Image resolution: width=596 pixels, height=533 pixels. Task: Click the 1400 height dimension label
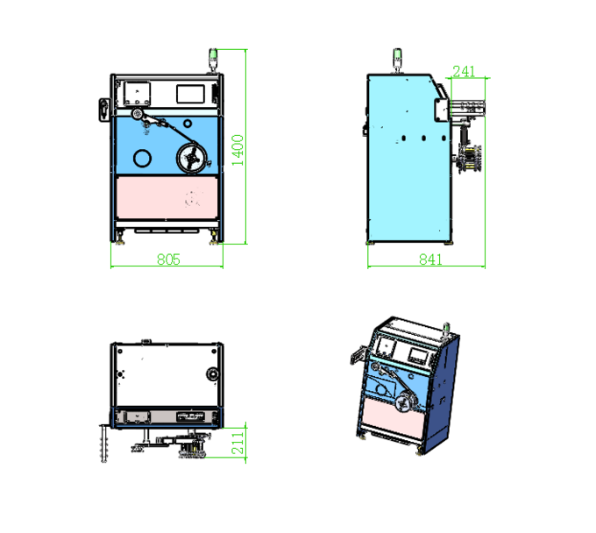(238, 150)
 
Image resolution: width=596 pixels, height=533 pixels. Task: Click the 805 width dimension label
(168, 259)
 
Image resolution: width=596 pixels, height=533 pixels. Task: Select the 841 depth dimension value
(430, 259)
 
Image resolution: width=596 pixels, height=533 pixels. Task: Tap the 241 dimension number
(464, 71)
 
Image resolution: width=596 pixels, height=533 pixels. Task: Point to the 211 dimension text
(238, 444)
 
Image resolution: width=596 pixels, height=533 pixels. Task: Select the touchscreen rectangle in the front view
(190, 94)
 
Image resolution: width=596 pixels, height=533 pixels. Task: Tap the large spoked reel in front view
(192, 158)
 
